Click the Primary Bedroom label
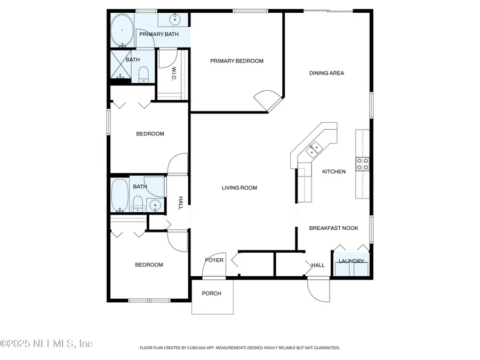237,61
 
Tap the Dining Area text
326,73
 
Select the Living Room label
239,188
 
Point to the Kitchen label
334,172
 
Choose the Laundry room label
351,261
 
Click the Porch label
212,293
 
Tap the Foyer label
214,260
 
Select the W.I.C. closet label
174,74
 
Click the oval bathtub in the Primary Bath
122,30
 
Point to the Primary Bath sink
175,20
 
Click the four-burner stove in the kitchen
363,164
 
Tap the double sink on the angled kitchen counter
313,149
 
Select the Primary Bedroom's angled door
267,99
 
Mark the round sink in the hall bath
155,204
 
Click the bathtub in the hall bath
120,195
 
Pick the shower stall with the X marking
121,67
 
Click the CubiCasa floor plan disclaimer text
239,348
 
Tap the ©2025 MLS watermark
47,343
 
